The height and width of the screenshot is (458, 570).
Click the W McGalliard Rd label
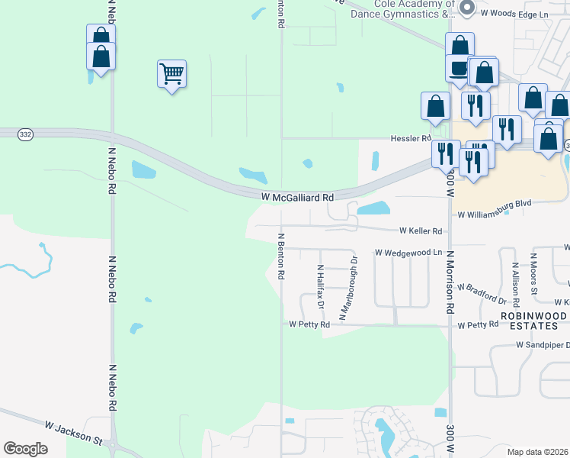click(297, 197)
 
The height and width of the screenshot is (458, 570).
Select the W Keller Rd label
click(421, 231)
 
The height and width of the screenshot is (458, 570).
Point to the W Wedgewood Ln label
click(408, 252)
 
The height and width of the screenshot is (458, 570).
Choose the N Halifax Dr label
click(321, 287)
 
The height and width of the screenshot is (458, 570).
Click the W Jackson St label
click(72, 428)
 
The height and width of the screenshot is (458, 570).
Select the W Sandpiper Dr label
click(543, 345)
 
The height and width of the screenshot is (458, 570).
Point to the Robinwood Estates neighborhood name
click(533, 321)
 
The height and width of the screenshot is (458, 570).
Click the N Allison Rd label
click(516, 276)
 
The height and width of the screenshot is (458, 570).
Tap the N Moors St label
click(534, 275)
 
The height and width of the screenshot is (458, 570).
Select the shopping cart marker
click(171, 74)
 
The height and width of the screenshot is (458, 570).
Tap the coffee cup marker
click(458, 68)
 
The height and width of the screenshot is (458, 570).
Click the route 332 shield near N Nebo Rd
click(25, 134)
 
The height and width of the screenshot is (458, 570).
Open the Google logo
click(25, 448)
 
